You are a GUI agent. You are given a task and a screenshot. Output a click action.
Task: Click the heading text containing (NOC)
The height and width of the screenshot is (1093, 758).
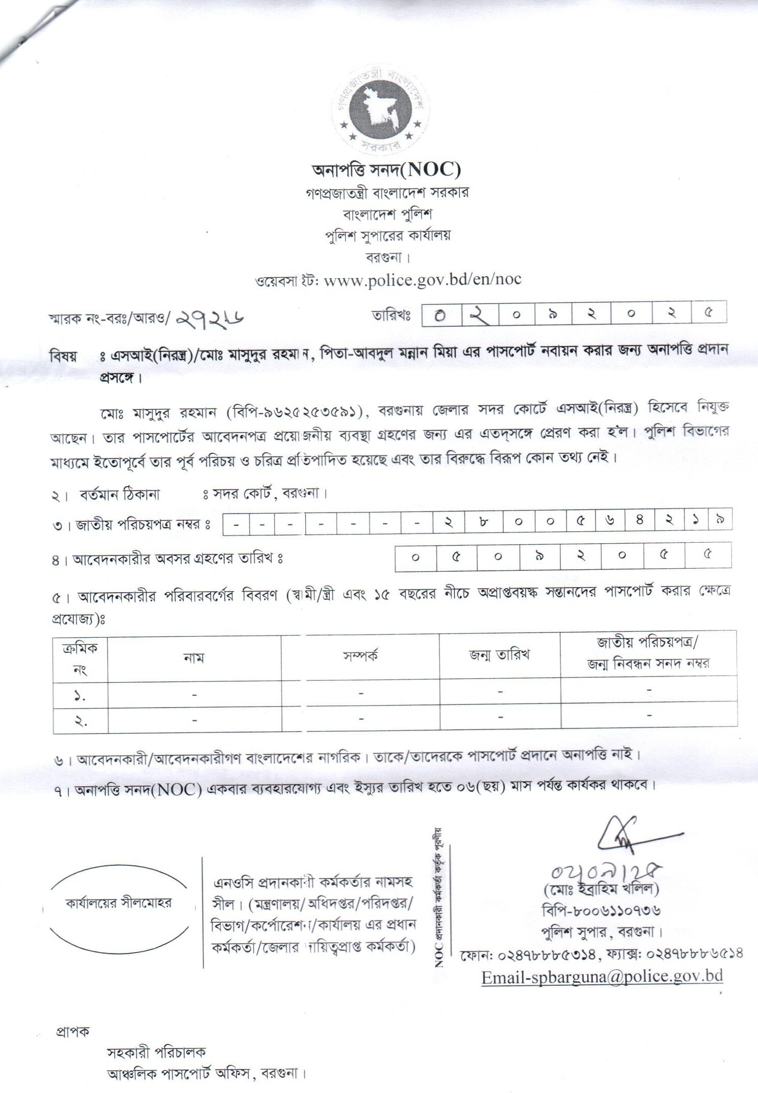pos(386,169)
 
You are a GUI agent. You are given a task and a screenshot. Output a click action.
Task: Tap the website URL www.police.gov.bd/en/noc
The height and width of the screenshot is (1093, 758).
pos(422,279)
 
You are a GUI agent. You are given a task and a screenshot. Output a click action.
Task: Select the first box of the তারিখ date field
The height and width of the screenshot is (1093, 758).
pos(441,314)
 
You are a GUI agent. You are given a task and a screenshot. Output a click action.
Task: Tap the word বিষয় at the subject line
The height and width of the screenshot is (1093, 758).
pos(63,356)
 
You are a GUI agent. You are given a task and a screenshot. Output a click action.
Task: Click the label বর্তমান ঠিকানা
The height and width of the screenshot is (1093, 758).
pos(119,494)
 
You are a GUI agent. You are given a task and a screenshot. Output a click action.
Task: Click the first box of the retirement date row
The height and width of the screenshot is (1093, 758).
pos(415,557)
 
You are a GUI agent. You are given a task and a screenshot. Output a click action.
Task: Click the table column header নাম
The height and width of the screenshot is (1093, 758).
pos(194,658)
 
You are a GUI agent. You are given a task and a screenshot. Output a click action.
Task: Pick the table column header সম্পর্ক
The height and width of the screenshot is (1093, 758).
pos(360,656)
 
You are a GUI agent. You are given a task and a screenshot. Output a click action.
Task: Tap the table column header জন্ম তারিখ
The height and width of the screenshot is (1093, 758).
pos(499,655)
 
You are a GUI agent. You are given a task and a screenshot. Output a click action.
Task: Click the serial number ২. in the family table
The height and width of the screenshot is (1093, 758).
pos(80,721)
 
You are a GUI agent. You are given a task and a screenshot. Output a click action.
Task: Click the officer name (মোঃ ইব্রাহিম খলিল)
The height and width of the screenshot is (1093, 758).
pos(601,889)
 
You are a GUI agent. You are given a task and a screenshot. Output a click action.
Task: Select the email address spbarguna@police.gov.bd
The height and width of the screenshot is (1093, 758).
pos(602,977)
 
